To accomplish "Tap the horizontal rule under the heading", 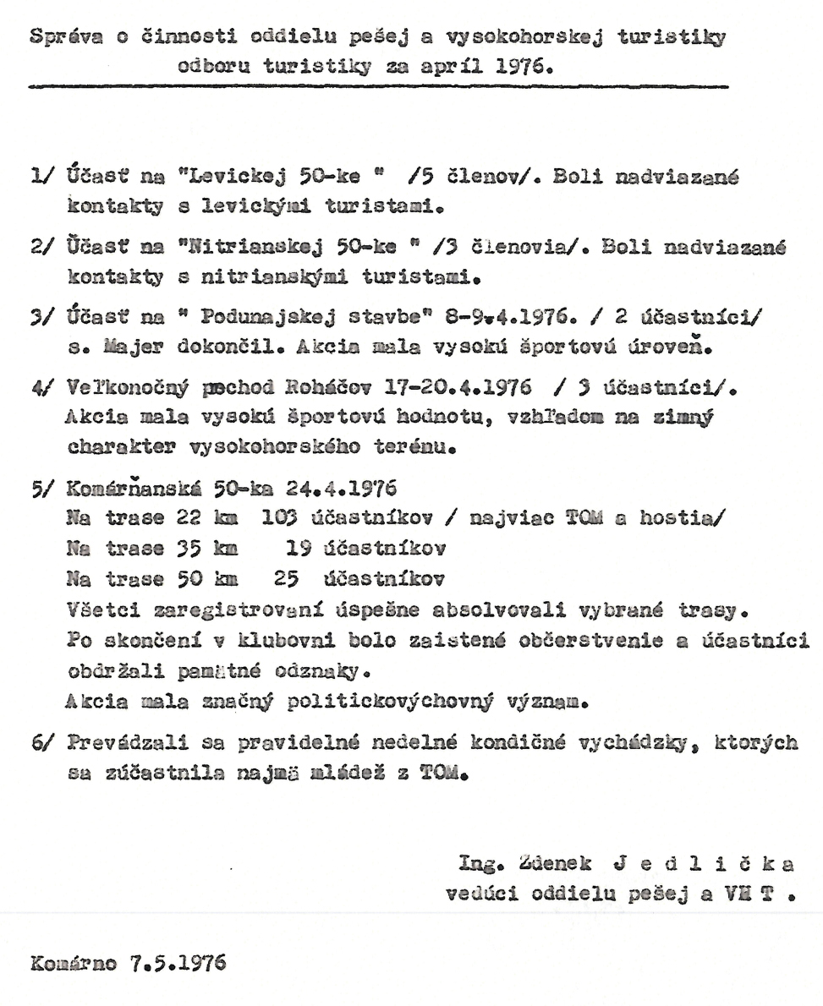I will tap(378, 86).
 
